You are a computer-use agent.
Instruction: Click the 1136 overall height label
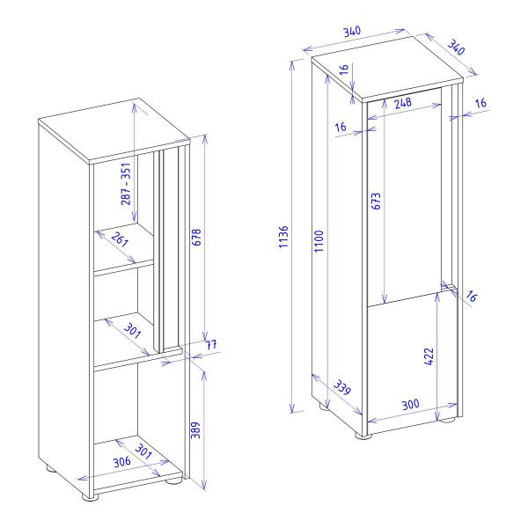(x=282, y=238)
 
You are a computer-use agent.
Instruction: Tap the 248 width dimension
(x=404, y=103)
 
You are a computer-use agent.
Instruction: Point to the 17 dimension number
(x=209, y=345)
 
